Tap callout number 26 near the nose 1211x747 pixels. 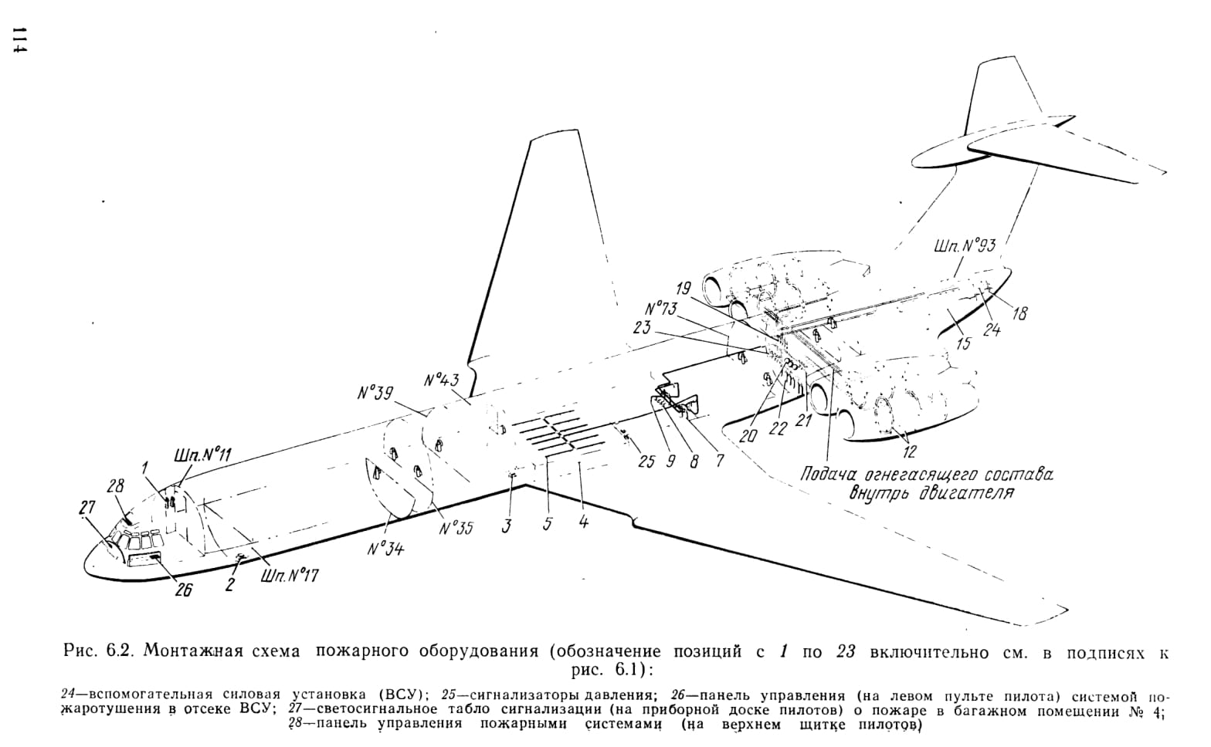(x=184, y=591)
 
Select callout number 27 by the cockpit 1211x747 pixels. (x=87, y=508)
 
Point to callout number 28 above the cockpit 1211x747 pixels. (x=116, y=486)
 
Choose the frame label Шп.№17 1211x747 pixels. (x=289, y=576)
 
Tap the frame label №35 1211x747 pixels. (x=456, y=527)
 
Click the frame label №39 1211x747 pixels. (x=375, y=393)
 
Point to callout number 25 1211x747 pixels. (x=646, y=461)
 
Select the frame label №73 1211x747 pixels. (x=660, y=309)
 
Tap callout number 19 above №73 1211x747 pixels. (x=684, y=289)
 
